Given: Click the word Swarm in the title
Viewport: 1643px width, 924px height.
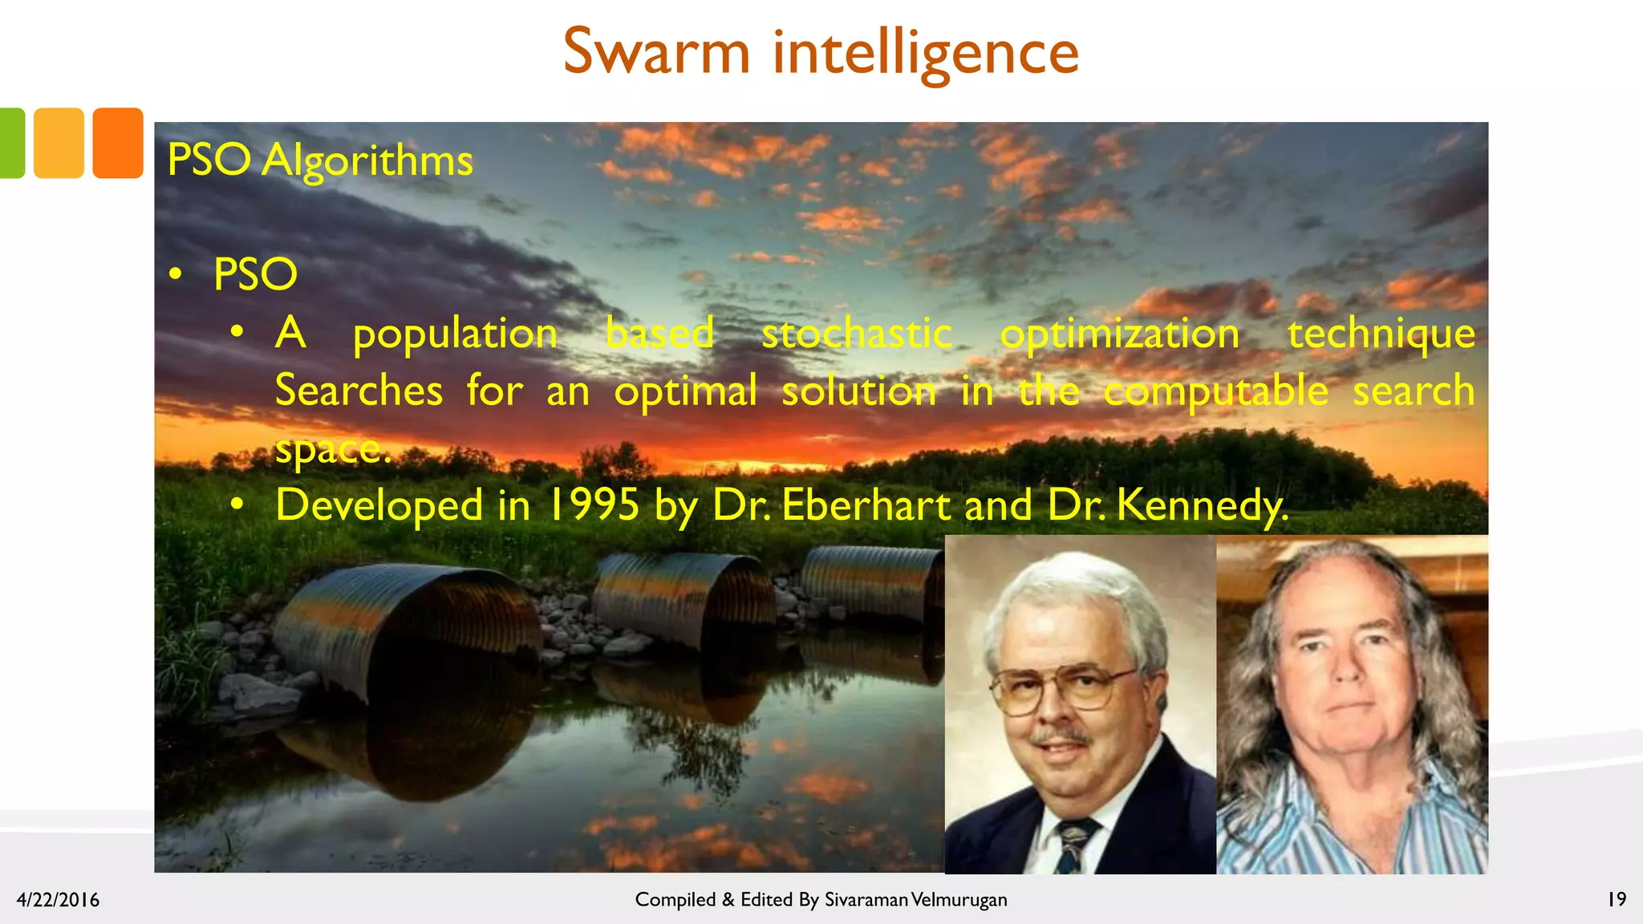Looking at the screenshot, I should pyautogui.click(x=656, y=52).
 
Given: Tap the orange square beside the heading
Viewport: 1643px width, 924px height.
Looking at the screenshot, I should pyautogui.click(x=118, y=143).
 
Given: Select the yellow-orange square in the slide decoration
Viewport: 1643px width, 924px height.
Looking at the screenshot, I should pyautogui.click(x=59, y=143).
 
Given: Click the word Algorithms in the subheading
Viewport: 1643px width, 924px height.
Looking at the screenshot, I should pyautogui.click(x=367, y=161).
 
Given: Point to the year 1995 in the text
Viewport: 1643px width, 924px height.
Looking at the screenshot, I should pyautogui.click(x=594, y=505).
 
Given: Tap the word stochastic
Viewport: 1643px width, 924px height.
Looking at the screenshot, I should pyautogui.click(x=856, y=334).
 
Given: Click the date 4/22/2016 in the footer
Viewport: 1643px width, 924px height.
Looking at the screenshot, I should pyautogui.click(x=58, y=900).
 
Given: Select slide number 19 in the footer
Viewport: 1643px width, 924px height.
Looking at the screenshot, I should pyautogui.click(x=1617, y=899).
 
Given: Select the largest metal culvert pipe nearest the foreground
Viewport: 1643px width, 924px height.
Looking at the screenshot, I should pyautogui.click(x=405, y=630).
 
